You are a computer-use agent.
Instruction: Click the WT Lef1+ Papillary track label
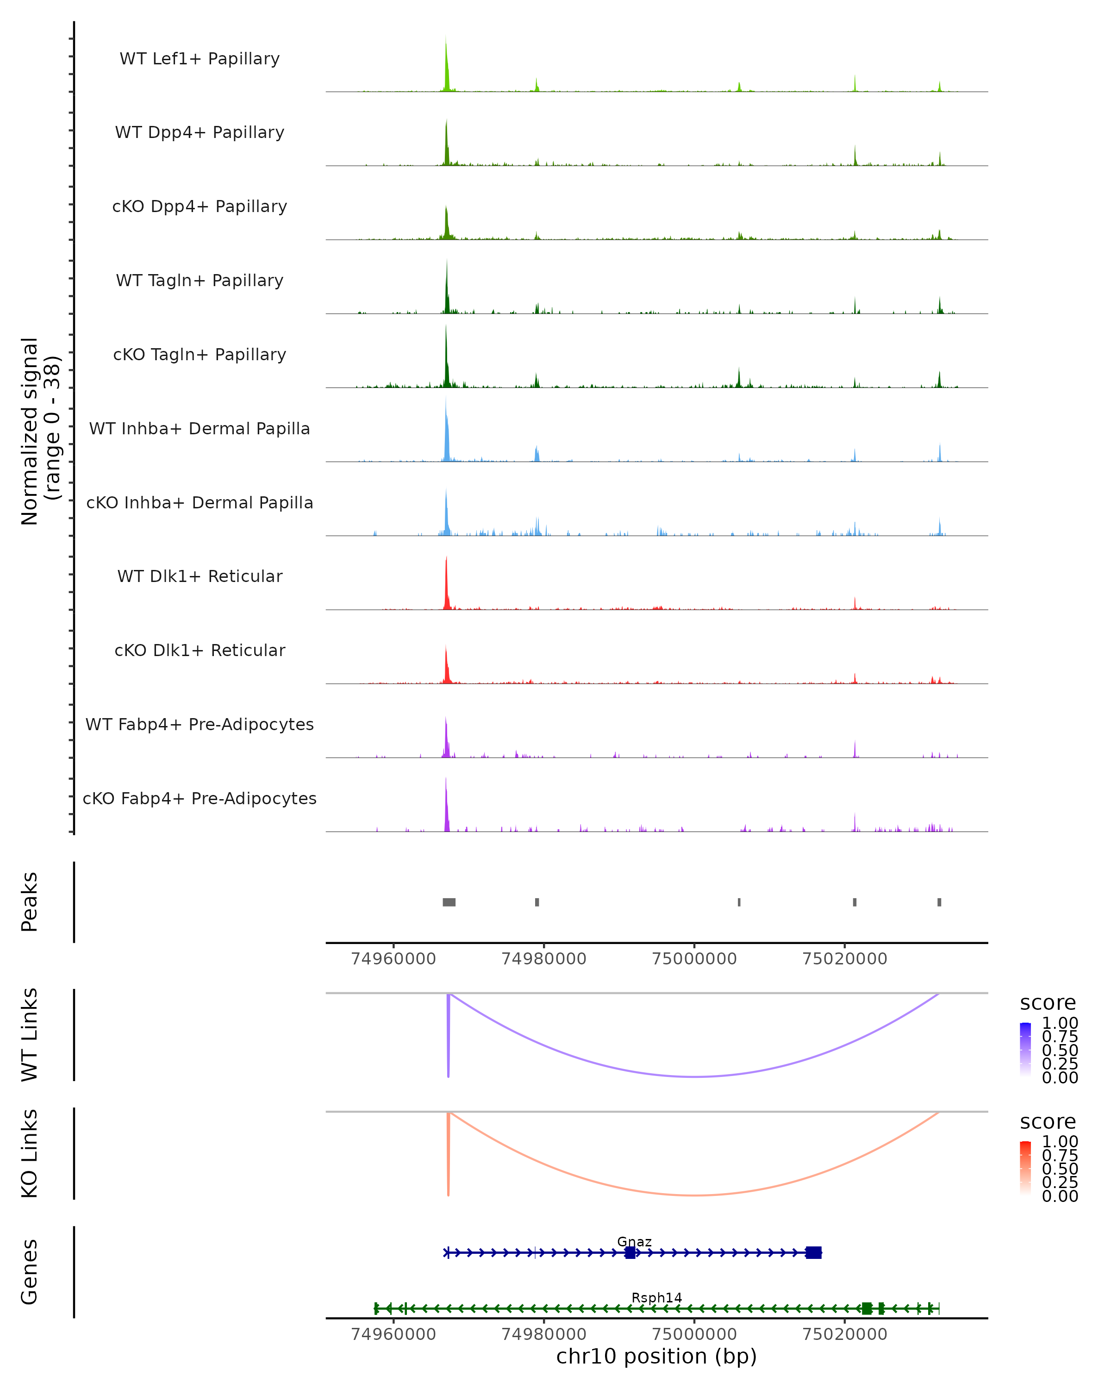pos(200,59)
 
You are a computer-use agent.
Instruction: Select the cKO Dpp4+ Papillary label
pos(200,207)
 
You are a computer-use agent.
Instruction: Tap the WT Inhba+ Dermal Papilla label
pos(200,429)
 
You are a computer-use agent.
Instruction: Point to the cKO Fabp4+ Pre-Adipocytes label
pos(200,799)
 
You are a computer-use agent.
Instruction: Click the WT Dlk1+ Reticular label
pos(200,576)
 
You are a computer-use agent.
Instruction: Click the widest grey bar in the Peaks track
pos(449,902)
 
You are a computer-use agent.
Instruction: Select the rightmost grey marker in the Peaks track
pos(939,902)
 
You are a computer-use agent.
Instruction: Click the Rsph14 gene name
pos(656,1297)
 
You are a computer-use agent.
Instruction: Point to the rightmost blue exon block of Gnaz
pos(813,1252)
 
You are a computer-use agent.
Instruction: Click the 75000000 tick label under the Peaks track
pos(694,959)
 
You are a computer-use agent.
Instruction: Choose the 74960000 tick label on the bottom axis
pos(393,1334)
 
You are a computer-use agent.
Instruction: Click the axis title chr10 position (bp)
pos(656,1357)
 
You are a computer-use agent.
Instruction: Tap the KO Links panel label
pos(30,1154)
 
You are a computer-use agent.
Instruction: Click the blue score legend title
pos(1047,1003)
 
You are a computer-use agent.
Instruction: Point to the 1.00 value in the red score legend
pos(1060,1142)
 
